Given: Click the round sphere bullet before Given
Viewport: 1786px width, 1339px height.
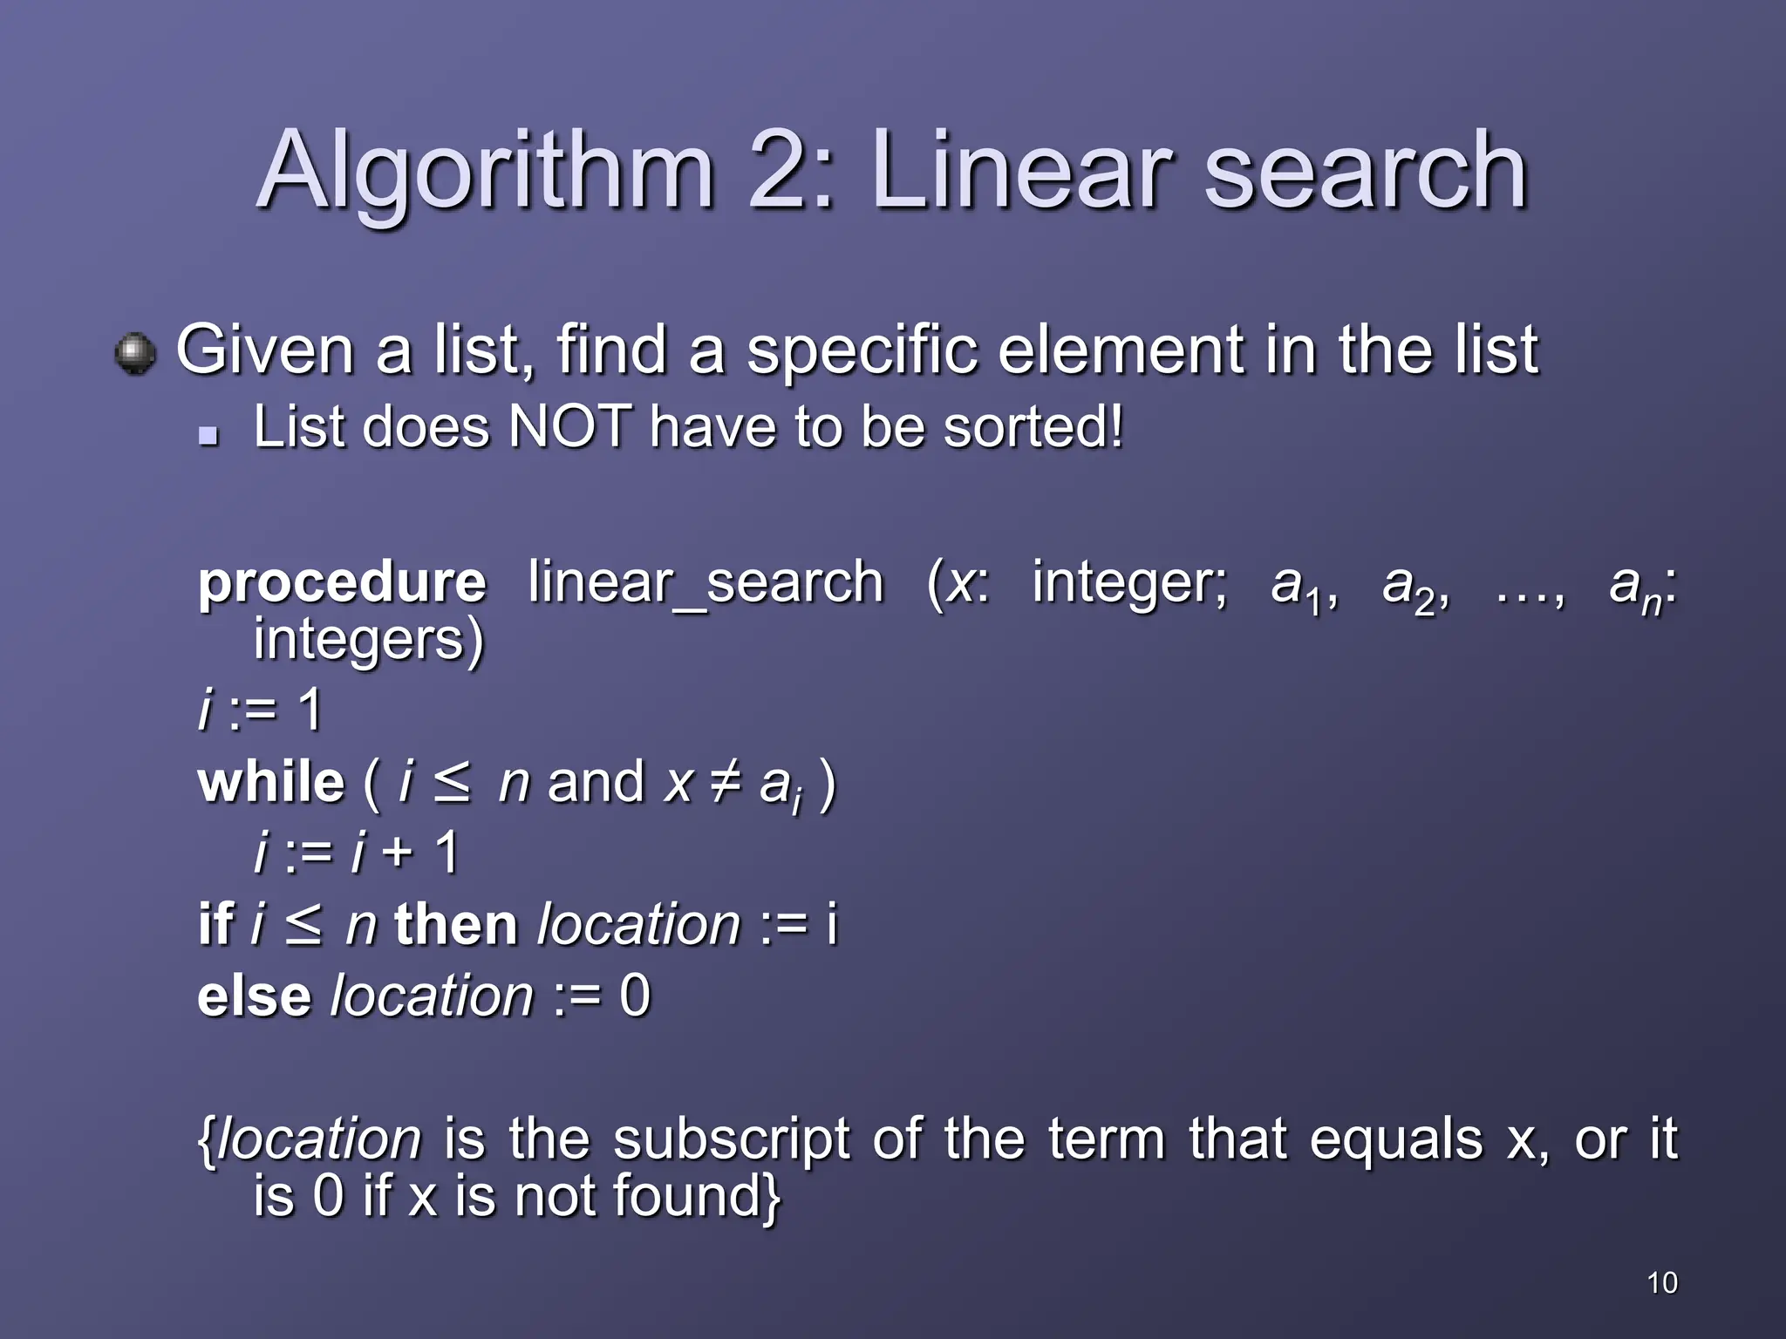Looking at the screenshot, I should [x=135, y=354].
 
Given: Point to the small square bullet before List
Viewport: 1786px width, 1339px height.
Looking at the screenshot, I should [x=208, y=434].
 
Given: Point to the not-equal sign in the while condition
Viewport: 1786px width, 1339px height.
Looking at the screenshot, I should [x=726, y=782].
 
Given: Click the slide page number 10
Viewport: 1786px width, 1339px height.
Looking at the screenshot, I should [x=1662, y=1283].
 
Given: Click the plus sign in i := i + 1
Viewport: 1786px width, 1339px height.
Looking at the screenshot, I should [x=398, y=853].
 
